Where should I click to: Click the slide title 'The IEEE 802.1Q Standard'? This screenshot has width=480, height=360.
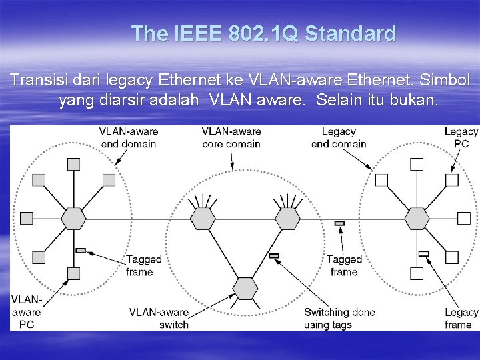click(264, 33)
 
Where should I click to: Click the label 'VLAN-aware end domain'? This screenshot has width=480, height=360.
click(129, 137)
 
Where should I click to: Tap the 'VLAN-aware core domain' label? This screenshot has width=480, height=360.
click(231, 137)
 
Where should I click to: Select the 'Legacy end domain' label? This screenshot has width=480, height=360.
click(338, 137)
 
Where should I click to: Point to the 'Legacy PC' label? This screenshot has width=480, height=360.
click(461, 137)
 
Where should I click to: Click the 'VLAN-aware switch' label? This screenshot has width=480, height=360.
click(159, 318)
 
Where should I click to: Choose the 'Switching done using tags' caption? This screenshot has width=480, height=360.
click(339, 318)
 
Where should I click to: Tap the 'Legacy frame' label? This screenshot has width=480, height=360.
click(461, 318)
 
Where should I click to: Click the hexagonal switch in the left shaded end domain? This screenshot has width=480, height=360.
click(73, 219)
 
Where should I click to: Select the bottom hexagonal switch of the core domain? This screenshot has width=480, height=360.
click(245, 288)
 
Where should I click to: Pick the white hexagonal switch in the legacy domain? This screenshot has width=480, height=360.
click(417, 219)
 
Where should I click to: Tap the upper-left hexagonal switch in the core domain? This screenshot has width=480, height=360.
click(202, 219)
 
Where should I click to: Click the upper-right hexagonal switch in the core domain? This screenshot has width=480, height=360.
click(288, 219)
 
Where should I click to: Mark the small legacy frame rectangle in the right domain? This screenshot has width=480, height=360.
click(423, 254)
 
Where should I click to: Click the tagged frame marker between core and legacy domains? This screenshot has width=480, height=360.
click(339, 223)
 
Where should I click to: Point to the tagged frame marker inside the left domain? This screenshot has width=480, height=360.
click(81, 250)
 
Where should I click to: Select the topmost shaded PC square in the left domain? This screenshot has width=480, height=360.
click(73, 164)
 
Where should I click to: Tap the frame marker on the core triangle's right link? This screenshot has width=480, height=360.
click(274, 256)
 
